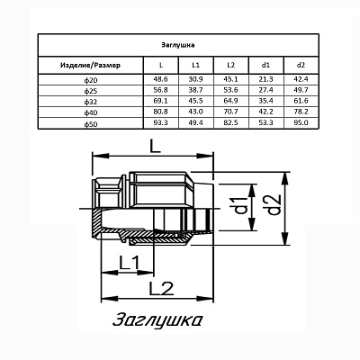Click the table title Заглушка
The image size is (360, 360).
click(x=178, y=45)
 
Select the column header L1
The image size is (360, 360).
click(x=196, y=65)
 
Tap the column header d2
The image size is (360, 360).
click(x=301, y=65)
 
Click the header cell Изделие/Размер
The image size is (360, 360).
click(x=90, y=65)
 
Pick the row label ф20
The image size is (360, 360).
click(x=91, y=81)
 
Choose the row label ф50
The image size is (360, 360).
click(x=91, y=124)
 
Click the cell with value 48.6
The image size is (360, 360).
click(x=160, y=79)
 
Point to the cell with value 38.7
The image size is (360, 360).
click(x=196, y=90)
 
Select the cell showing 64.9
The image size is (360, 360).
click(x=231, y=101)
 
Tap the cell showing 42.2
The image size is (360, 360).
click(x=265, y=112)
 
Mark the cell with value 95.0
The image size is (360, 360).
click(x=301, y=122)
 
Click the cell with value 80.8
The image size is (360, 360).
click(x=160, y=112)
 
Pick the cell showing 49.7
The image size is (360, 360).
click(x=301, y=90)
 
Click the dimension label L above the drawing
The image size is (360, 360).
click(x=156, y=147)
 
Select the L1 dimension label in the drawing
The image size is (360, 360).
click(x=130, y=263)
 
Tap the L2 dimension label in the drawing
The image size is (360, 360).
click(x=161, y=289)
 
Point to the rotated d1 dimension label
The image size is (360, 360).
click(x=240, y=206)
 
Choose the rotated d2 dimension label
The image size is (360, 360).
click(x=274, y=205)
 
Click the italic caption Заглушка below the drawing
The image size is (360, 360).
click(x=157, y=320)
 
